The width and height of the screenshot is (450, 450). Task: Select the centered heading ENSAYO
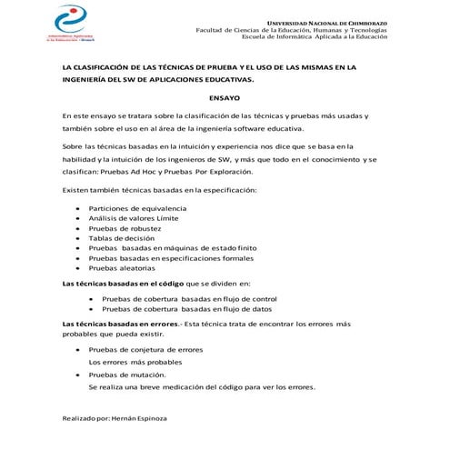[224, 97]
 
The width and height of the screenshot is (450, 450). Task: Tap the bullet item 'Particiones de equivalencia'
[138, 209]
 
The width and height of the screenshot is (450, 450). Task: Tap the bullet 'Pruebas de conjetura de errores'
[145, 349]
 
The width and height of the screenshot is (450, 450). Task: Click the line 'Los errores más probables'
[135, 362]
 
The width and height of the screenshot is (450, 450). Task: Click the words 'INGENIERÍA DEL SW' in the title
[106, 79]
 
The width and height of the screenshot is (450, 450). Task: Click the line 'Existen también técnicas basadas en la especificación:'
[159, 189]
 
